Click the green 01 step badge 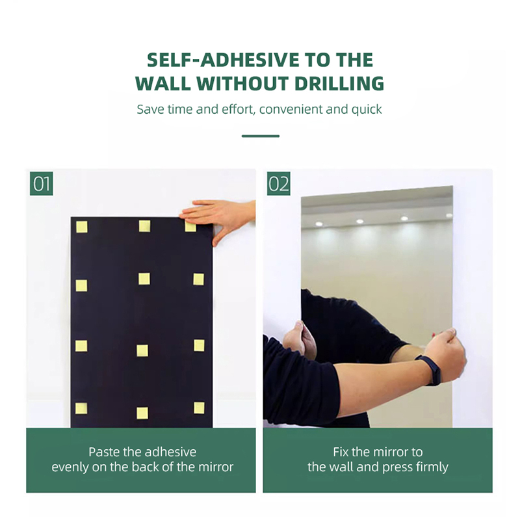click(x=42, y=183)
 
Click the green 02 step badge click(x=279, y=183)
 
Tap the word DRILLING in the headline click(x=339, y=83)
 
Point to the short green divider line click(x=261, y=136)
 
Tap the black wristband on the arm click(x=430, y=369)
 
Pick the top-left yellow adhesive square click(x=82, y=227)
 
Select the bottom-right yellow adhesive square click(x=199, y=408)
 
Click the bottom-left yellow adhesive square click(x=81, y=409)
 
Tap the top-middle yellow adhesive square click(x=144, y=226)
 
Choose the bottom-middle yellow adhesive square click(x=142, y=413)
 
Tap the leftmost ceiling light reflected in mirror click(x=319, y=224)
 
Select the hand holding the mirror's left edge click(x=300, y=338)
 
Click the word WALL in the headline click(x=163, y=83)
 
